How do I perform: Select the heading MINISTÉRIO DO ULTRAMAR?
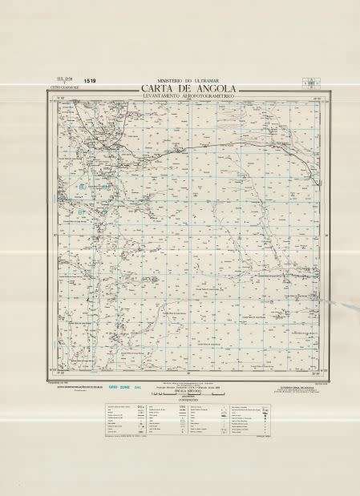click(181, 80)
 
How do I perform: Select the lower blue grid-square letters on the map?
click(83, 212)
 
